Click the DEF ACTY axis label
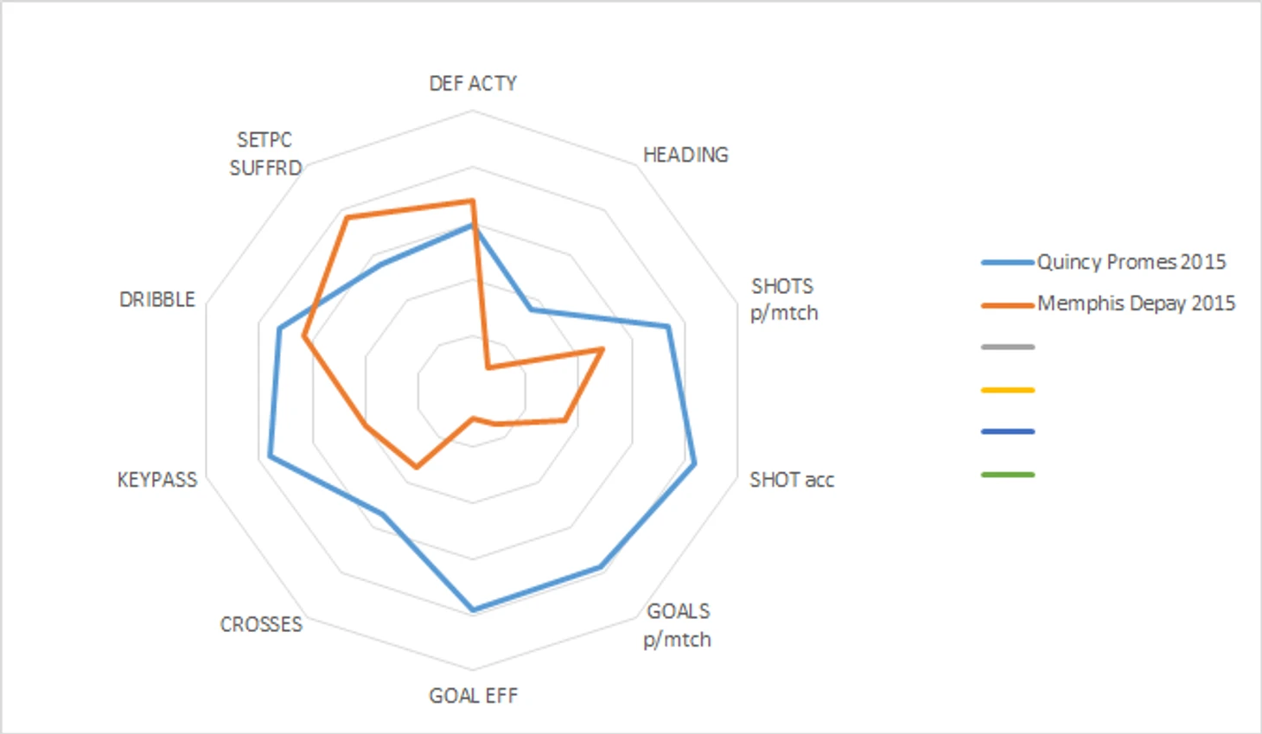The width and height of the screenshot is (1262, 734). [x=473, y=83]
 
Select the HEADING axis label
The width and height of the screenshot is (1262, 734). [x=685, y=155]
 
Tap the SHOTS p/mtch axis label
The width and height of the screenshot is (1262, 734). [x=783, y=299]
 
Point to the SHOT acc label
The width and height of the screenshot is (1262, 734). [x=791, y=480]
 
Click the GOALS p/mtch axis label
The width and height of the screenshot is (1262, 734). [x=678, y=625]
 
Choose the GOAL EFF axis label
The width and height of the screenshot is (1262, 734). [x=473, y=696]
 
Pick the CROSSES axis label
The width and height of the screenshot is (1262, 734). [x=261, y=624]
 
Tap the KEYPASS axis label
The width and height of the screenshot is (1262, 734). [x=157, y=480]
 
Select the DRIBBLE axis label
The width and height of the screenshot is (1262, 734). [x=157, y=299]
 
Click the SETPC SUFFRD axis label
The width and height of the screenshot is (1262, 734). [x=265, y=154]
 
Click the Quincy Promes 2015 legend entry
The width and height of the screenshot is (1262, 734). [x=1131, y=262]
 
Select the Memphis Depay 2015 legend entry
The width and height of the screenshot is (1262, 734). [x=1136, y=303]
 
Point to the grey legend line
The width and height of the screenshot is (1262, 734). [x=1008, y=348]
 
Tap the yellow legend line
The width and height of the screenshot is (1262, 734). [x=1008, y=390]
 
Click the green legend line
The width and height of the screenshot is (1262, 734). [x=1008, y=475]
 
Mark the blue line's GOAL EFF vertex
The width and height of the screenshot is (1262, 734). [x=473, y=610]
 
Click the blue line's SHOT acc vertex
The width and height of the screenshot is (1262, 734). [x=695, y=465]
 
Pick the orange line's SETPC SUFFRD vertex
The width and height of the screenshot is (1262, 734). [x=347, y=218]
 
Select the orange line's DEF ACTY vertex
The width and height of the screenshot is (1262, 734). [x=472, y=201]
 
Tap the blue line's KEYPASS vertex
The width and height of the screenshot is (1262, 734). [x=270, y=456]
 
